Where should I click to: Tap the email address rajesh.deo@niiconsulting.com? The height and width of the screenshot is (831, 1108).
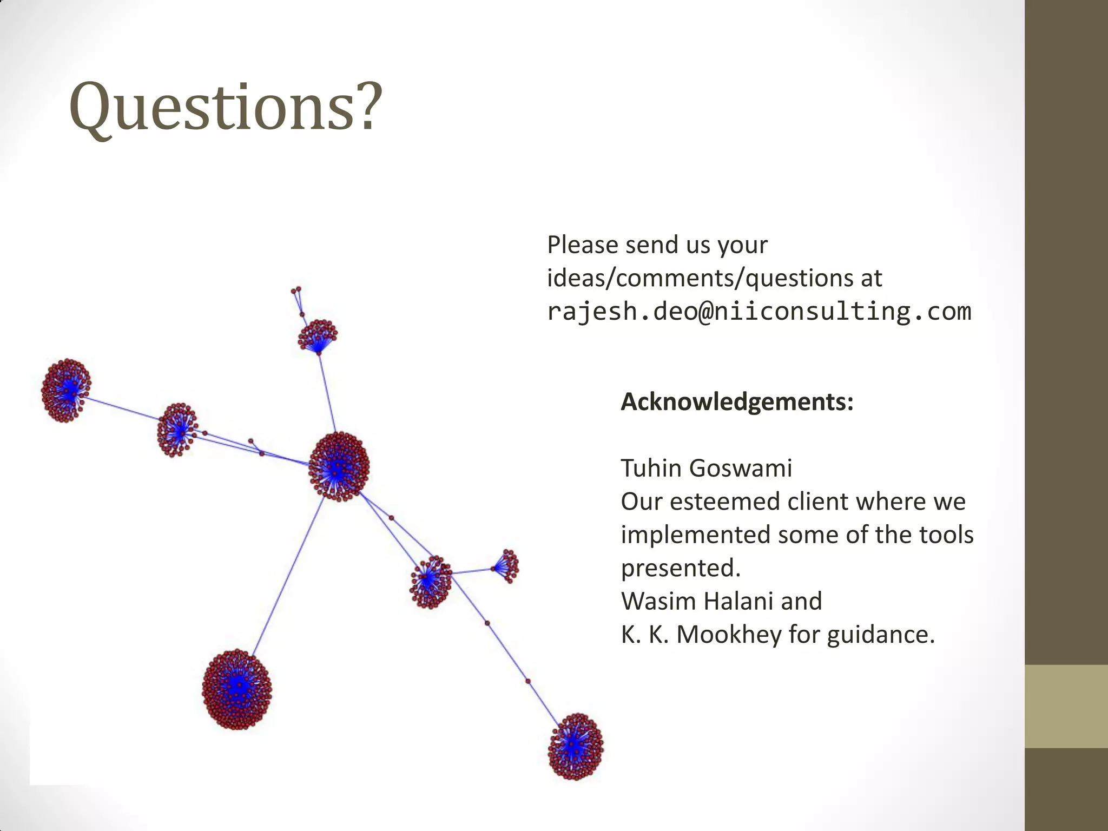pos(759,312)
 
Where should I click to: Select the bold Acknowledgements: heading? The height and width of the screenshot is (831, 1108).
pos(737,402)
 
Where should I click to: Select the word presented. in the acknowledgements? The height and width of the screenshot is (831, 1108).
pos(681,568)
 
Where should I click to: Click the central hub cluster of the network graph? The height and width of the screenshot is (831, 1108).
pos(339,467)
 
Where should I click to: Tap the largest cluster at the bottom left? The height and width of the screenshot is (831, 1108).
pos(237,689)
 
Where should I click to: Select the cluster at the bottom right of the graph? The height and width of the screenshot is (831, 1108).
pos(575,747)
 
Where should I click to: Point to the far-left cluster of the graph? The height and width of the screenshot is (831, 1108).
pos(66,390)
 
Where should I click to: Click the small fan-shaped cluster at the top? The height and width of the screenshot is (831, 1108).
pos(318,336)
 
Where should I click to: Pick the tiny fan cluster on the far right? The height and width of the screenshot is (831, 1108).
pos(506,566)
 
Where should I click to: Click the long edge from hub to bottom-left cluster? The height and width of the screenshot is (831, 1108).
pos(288,577)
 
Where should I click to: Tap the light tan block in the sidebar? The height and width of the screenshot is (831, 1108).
pos(1066,706)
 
